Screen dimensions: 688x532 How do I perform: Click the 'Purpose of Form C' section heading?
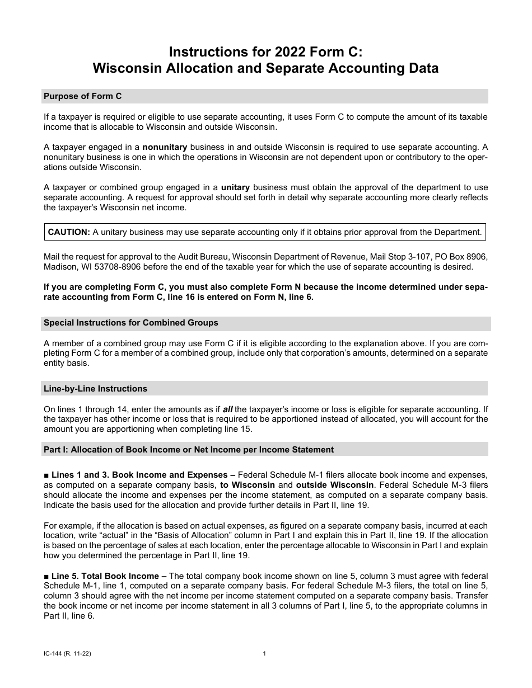83,96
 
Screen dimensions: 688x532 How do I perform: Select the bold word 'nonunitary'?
166,147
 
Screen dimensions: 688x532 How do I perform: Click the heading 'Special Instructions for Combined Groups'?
131,323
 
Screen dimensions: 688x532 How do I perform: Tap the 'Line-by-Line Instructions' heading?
96,389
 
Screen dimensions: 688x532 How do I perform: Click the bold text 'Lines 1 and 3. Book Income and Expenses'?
139,474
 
